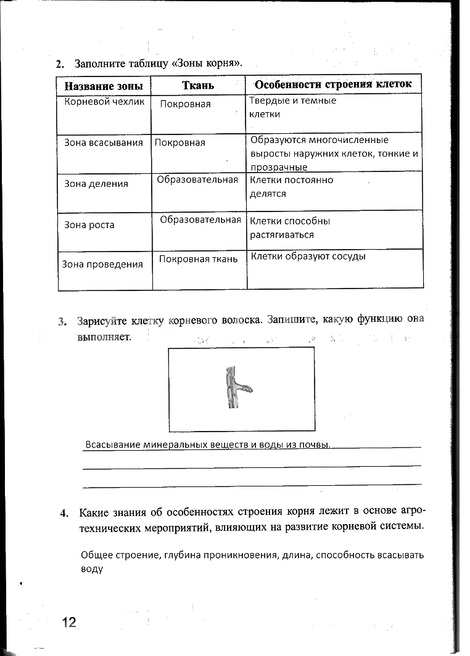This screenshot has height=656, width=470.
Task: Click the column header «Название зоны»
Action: pyautogui.click(x=104, y=85)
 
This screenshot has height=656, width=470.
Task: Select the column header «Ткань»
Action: pyautogui.click(x=198, y=85)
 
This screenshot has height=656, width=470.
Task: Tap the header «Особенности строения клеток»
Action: pyautogui.click(x=334, y=84)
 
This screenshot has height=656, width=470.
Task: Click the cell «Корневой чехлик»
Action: pyautogui.click(x=104, y=102)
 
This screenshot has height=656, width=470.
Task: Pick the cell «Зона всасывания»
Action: pyautogui.click(x=104, y=142)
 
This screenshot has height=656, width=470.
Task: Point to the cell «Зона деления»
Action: pyautogui.click(x=96, y=183)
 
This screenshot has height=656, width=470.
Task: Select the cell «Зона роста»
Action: pyautogui.click(x=89, y=224)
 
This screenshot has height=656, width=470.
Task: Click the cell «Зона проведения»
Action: pyautogui.click(x=102, y=264)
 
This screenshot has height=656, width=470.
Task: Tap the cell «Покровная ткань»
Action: pyautogui.click(x=198, y=259)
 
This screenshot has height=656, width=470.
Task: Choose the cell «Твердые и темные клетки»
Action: pyautogui.click(x=293, y=107)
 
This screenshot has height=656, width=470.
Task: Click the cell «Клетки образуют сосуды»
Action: pyautogui.click(x=308, y=256)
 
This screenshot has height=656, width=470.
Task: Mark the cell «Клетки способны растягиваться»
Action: pyautogui.click(x=290, y=228)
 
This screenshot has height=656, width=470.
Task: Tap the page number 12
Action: pyautogui.click(x=68, y=621)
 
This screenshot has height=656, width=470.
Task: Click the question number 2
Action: pyautogui.click(x=59, y=64)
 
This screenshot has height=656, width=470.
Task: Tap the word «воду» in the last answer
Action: pyautogui.click(x=91, y=568)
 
